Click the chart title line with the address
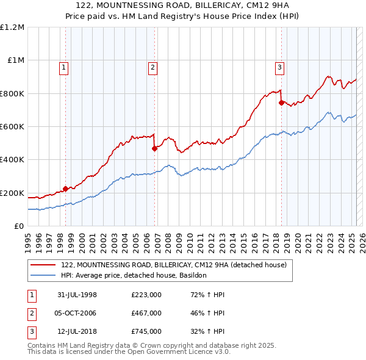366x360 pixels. pos(183,6)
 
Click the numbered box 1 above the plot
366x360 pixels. pos(64,68)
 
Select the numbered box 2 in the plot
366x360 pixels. pos(152,68)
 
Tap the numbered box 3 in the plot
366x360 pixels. pos(279,68)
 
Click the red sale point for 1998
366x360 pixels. pos(65,189)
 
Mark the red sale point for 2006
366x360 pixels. pos(154,148)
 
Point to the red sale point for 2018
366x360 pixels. pos(281,103)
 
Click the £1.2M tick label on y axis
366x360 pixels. pos(12,27)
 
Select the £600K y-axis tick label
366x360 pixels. pos(12,127)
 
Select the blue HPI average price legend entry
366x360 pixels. pos(134,276)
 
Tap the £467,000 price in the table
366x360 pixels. pos(146,313)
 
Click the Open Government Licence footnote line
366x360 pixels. pos(129,352)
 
